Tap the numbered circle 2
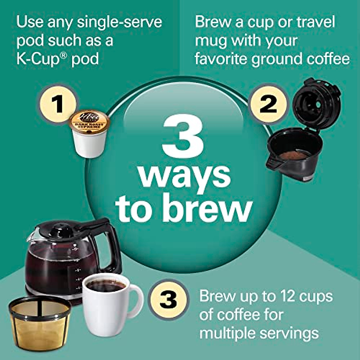click(268, 104)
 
